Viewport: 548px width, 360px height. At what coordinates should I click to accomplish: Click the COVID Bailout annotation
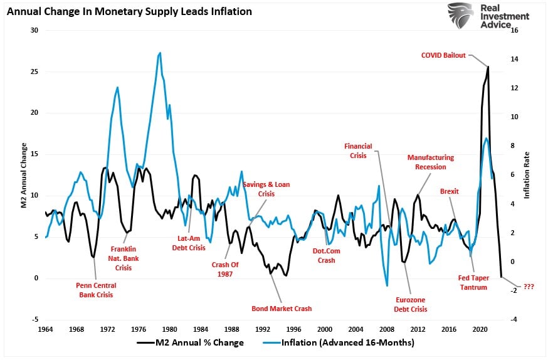click(443, 55)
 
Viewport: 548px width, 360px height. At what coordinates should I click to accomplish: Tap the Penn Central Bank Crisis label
click(97, 290)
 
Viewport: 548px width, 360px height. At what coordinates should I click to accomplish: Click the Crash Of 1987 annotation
click(225, 268)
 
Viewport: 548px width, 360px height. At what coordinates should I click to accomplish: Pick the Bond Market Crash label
click(282, 309)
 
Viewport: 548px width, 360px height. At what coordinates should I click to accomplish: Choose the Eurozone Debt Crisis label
click(410, 304)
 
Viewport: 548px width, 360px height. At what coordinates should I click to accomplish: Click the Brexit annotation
click(450, 191)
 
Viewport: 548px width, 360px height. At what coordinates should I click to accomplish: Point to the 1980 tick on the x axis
click(169, 329)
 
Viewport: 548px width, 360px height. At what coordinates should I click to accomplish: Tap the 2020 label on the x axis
click(480, 329)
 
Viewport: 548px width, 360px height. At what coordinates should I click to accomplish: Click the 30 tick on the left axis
click(34, 31)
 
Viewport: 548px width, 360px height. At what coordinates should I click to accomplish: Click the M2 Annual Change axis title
click(23, 175)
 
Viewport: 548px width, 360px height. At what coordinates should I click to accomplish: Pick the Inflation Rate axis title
click(527, 175)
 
